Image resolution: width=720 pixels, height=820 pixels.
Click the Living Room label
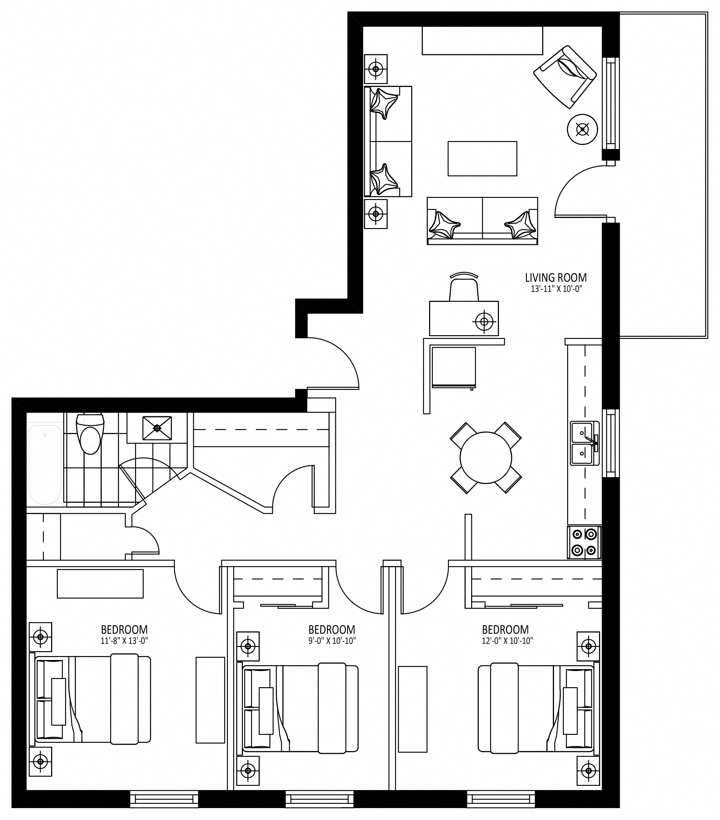point(556,278)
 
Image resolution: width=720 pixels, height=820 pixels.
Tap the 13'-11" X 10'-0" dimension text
point(556,288)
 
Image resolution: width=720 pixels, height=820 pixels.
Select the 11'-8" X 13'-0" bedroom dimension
point(124,641)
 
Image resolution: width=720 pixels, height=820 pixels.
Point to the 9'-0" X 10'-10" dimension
point(332,641)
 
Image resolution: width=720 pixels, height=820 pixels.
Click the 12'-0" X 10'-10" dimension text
point(508,641)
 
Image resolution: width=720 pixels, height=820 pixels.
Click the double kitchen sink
point(585,443)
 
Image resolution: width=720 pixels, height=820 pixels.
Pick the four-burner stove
point(584,542)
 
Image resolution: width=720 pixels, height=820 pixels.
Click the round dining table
point(486,458)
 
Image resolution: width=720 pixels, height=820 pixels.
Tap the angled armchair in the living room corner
point(565,76)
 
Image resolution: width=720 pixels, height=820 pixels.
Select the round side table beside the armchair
point(582,129)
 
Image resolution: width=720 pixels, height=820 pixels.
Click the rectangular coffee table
point(482,158)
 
